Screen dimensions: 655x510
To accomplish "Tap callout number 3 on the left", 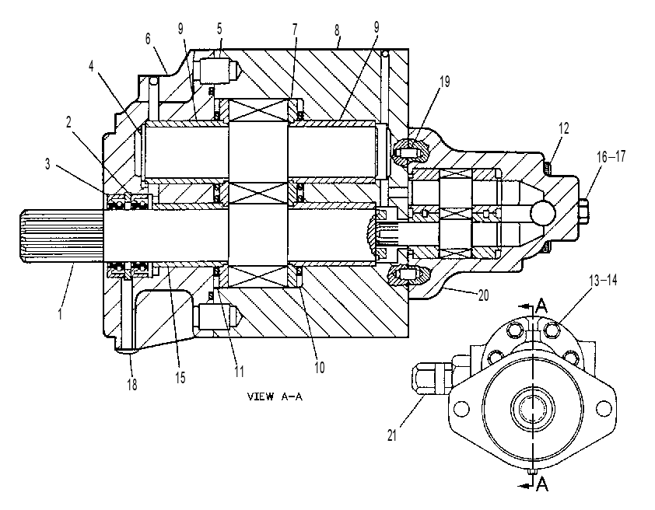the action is tap(47, 164).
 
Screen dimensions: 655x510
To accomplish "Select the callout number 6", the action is tap(148, 39).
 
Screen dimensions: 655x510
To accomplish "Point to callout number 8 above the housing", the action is tap(337, 30).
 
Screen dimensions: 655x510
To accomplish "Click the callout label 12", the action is tap(563, 128).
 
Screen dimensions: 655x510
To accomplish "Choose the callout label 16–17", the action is tap(611, 157).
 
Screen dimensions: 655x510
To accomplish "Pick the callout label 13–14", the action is tap(603, 281).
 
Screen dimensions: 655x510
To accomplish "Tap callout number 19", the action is tap(445, 82).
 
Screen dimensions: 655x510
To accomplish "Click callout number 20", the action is tap(483, 295).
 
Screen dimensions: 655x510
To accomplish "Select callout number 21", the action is tap(391, 435).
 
